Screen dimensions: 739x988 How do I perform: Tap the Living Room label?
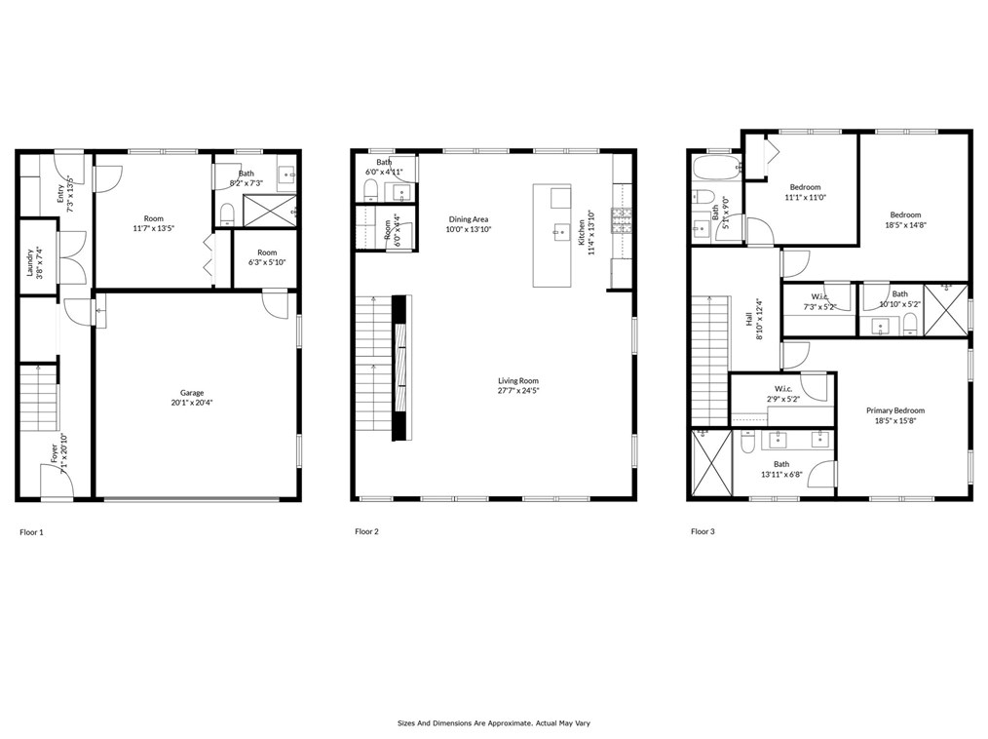tap(518, 385)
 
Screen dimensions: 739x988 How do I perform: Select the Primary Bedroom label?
tap(894, 415)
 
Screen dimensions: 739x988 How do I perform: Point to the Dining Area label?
tap(469, 224)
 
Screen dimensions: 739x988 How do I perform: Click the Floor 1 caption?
tap(31, 532)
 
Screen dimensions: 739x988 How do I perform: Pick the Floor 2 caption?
tap(366, 532)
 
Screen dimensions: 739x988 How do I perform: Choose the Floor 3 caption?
tap(703, 532)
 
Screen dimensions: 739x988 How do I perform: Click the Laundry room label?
tap(32, 262)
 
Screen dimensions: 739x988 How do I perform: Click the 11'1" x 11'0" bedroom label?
tap(805, 192)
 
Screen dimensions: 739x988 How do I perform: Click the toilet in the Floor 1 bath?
tap(226, 212)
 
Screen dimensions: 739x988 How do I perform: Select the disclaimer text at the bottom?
tap(493, 723)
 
